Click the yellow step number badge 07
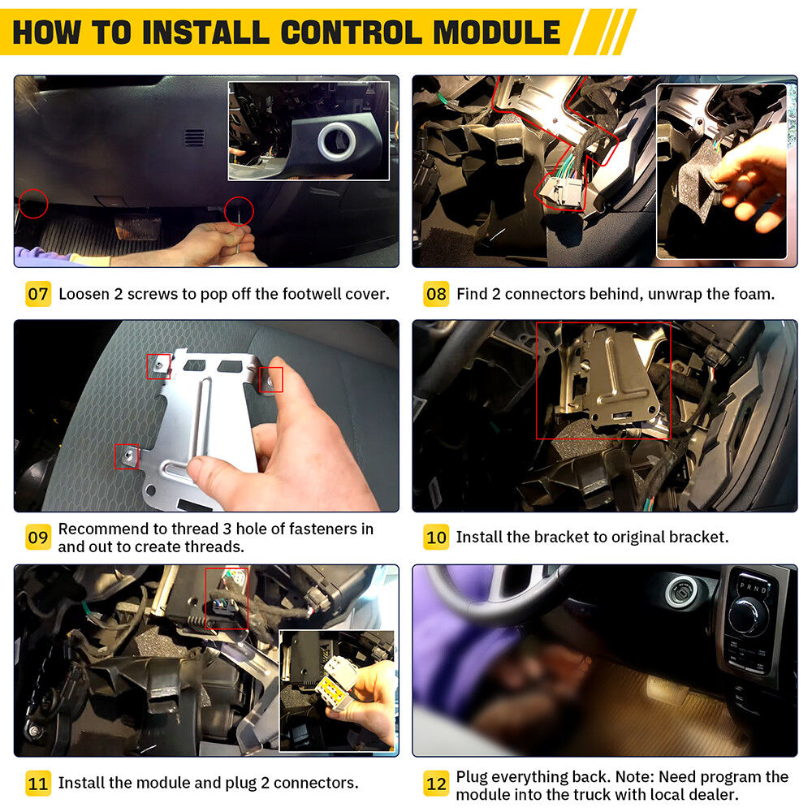pos(38,294)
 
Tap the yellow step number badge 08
pos(436,294)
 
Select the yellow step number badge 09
pos(38,538)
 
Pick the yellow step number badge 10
pos(436,537)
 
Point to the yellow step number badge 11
pos(38,784)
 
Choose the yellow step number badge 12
pos(436,784)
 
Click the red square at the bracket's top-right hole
pos(271,379)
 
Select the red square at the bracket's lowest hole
pos(127,456)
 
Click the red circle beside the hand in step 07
pos(240,211)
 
